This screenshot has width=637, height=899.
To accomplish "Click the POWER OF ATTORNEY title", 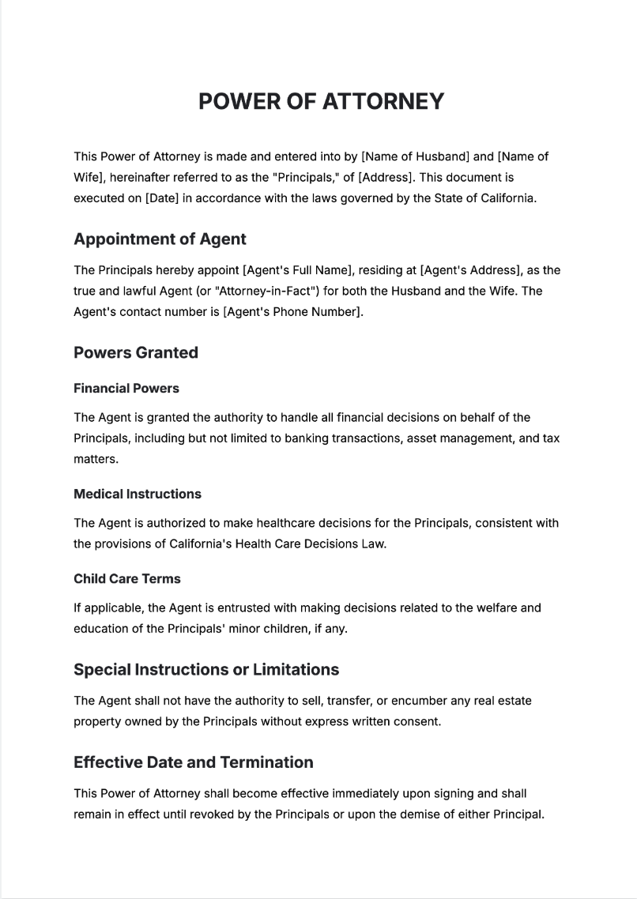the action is pyautogui.click(x=321, y=102).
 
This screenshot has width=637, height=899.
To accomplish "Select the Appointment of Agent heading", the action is pyautogui.click(x=160, y=239).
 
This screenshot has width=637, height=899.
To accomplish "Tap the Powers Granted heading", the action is pyautogui.click(x=136, y=353).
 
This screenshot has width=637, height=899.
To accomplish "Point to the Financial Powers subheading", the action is pyautogui.click(x=126, y=389).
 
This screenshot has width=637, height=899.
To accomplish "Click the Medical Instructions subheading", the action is pyautogui.click(x=138, y=495).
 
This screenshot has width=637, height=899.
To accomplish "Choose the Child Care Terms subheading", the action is pyautogui.click(x=127, y=579).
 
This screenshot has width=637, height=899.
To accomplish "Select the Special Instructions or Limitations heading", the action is pyautogui.click(x=206, y=670).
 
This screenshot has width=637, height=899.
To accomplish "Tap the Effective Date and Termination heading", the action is pyautogui.click(x=194, y=762).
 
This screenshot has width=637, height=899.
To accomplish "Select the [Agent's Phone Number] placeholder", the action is pyautogui.click(x=293, y=312).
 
